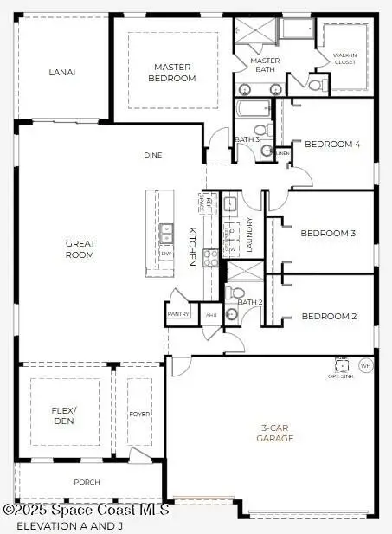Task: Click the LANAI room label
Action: point(62,72)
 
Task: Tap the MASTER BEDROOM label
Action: point(172,73)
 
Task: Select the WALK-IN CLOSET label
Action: point(344,58)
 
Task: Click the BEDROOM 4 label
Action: point(332,145)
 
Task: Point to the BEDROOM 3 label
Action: point(328,233)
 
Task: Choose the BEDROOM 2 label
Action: point(329,317)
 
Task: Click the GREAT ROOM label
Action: point(80,249)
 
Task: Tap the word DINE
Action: point(153,156)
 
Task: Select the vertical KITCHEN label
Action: point(192,246)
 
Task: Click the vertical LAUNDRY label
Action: point(249,234)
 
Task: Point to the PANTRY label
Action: point(178,314)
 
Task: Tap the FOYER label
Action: point(139,414)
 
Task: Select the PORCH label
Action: point(87,482)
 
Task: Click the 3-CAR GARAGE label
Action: point(277,433)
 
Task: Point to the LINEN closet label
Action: point(283,153)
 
